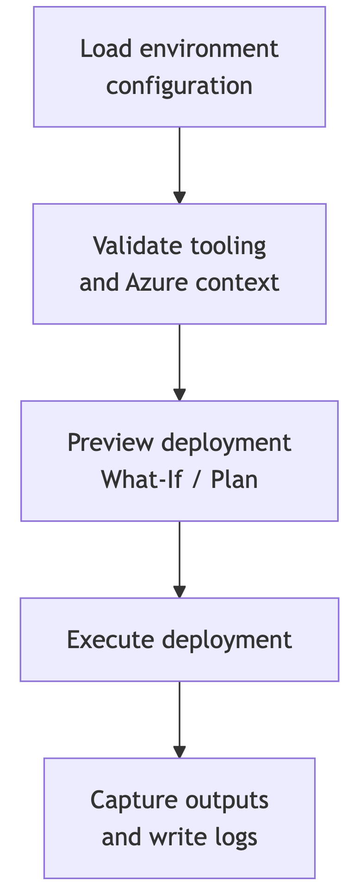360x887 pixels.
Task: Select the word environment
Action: coord(209,49)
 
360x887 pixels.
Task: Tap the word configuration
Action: coord(179,86)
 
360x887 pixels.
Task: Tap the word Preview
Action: coord(110,443)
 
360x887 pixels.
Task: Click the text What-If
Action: coord(142,480)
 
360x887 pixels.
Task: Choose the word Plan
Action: coord(234,480)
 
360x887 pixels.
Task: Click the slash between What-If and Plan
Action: coord(197,480)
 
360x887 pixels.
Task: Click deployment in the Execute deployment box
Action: coord(227,640)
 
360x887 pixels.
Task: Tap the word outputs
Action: coord(227,800)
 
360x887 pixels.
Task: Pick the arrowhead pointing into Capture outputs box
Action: coord(180,752)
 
